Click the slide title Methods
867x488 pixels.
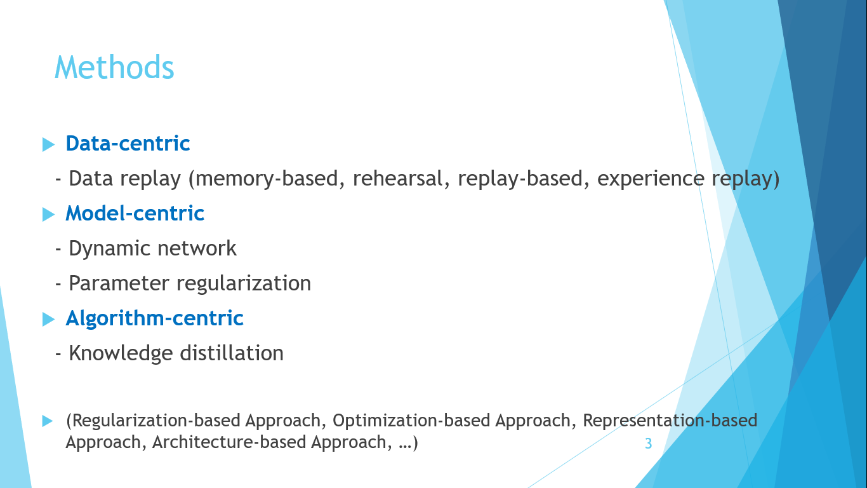coord(114,67)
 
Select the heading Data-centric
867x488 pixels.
coord(128,144)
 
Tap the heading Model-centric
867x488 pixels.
coord(135,213)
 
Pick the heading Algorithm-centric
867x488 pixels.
coord(154,318)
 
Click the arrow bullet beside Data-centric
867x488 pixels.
coord(48,145)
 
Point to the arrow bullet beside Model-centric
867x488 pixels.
coord(48,214)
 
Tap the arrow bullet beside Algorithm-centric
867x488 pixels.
coord(48,320)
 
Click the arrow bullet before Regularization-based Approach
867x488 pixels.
coord(47,421)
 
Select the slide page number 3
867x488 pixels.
coord(648,444)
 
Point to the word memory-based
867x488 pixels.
coord(267,179)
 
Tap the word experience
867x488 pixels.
coord(651,179)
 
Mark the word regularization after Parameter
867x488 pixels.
coord(244,284)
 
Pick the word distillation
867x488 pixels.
coord(232,353)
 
